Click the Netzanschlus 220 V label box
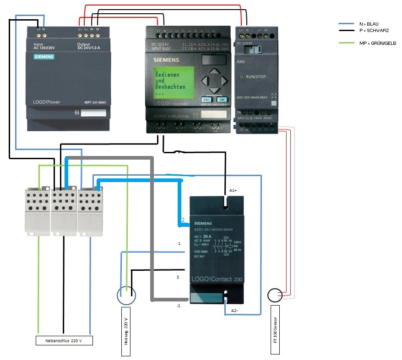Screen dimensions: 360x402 64,340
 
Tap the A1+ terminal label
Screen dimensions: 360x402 233,189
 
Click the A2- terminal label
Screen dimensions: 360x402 234,311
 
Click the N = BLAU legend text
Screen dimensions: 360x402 367,24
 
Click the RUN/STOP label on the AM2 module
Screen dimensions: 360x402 255,77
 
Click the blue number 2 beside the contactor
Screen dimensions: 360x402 183,220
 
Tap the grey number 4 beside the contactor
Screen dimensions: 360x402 179,305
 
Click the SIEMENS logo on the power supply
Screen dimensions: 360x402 44,57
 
